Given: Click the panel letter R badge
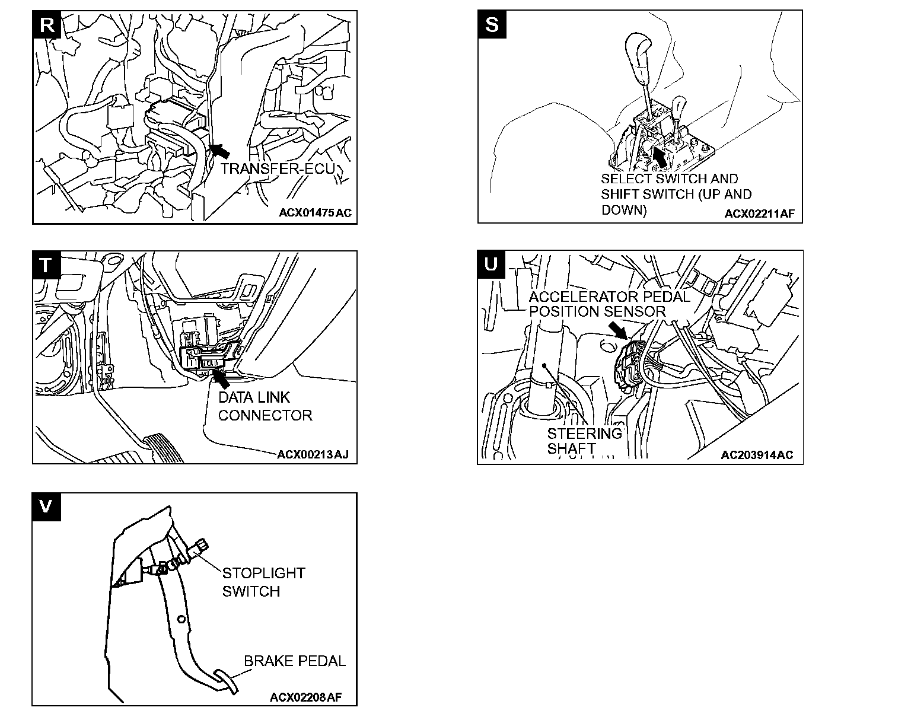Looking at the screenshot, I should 47,25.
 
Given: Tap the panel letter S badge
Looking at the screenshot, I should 492,25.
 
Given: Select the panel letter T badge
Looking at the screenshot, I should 46,265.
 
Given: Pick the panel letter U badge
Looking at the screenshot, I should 492,264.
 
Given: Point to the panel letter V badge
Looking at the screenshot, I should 46,506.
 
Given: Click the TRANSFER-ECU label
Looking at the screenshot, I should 278,169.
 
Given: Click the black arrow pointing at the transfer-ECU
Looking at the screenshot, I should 219,149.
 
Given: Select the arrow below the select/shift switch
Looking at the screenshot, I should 659,156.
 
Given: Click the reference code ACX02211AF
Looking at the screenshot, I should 759,213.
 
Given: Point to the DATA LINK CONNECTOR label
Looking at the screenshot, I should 265,406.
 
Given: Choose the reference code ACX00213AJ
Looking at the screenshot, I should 313,455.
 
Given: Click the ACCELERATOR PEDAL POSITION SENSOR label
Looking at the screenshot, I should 609,304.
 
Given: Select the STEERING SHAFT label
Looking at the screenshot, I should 584,441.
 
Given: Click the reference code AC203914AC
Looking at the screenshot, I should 757,455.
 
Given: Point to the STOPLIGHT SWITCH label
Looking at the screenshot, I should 263,582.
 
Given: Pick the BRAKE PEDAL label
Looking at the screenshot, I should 295,661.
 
